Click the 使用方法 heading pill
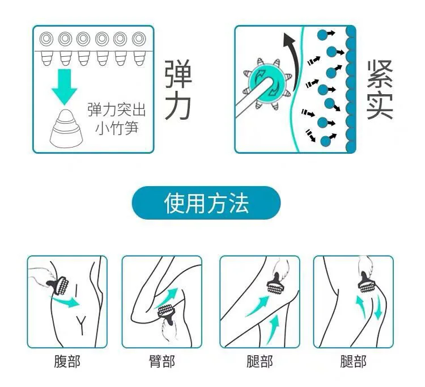coord(206,203)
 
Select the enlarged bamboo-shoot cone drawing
coord(66,128)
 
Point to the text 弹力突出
coord(117,110)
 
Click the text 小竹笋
coord(117,128)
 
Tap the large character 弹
coord(178,74)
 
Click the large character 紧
coord(380,74)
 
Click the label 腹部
coord(67,361)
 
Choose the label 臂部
coord(162,361)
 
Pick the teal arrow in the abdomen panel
coord(66,301)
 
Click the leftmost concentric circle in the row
coord(46,38)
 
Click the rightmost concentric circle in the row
coord(139,38)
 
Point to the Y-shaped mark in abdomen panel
coord(81,325)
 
